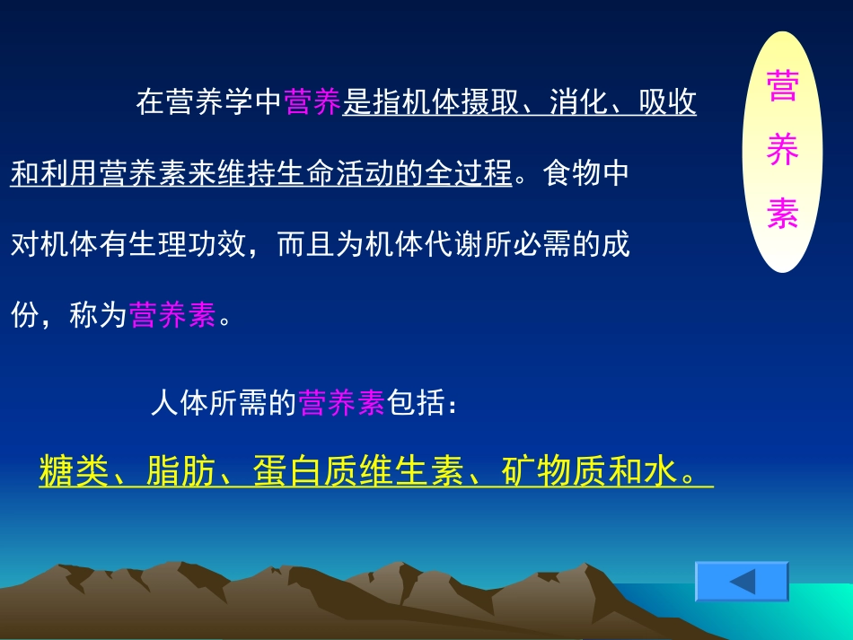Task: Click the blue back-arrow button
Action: coord(742,582)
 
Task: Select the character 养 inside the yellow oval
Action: coord(782,151)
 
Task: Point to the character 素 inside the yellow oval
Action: coord(782,213)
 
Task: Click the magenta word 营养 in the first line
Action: coord(312,103)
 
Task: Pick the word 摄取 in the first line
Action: coord(490,103)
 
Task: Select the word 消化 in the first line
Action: coord(578,103)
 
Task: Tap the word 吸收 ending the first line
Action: coord(667,103)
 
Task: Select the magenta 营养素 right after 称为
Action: coord(172,315)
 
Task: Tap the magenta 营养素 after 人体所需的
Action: coord(342,404)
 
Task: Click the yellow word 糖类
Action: coord(74,471)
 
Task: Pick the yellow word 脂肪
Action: coord(180,471)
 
